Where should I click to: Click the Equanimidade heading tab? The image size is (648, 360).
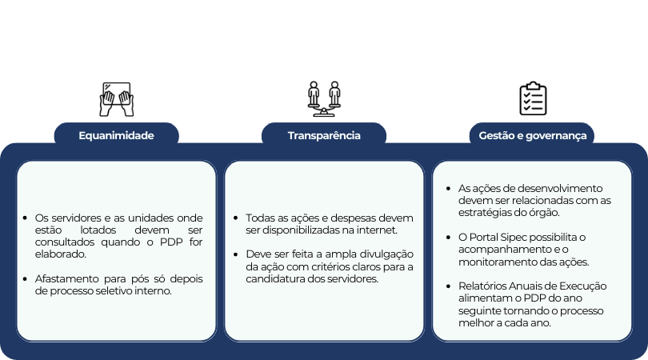(116, 135)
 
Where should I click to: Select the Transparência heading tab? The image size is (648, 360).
(324, 135)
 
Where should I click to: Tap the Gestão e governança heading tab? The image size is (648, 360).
(532, 135)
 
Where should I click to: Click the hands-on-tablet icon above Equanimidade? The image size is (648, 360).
(116, 99)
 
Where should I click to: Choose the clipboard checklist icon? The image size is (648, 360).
(532, 98)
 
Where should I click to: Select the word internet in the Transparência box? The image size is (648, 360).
(377, 230)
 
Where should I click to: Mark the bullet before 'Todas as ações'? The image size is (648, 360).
(236, 218)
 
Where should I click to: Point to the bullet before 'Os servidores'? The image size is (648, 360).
(26, 218)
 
